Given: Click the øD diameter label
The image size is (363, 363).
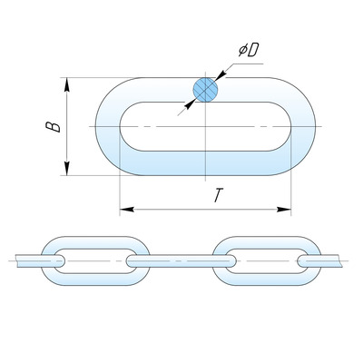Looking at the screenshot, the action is click(x=249, y=50).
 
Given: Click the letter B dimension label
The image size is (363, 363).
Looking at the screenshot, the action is click(x=53, y=127).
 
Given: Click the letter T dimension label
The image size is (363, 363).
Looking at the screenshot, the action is click(x=218, y=195).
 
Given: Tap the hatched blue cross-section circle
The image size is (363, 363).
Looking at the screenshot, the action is click(x=205, y=90).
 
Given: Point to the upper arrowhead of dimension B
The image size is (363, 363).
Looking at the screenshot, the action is click(x=67, y=84).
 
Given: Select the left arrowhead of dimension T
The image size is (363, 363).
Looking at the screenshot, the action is click(x=127, y=210).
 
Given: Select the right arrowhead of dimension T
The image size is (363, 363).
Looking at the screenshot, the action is click(x=284, y=210).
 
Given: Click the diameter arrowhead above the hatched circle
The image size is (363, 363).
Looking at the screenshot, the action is click(x=221, y=75).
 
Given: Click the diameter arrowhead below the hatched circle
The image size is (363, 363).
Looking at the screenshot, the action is click(x=190, y=104).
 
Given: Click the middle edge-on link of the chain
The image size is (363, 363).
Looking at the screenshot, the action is click(x=181, y=261).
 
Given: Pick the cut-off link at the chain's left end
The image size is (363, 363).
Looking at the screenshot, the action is click(x=40, y=260).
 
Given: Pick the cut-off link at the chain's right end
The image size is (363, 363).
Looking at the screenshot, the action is click(x=319, y=260).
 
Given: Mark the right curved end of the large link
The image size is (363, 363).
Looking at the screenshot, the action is click(x=302, y=126).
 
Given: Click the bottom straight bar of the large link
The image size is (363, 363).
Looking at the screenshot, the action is click(x=205, y=163).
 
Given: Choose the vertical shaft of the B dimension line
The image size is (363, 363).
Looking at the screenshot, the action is click(x=67, y=126).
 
